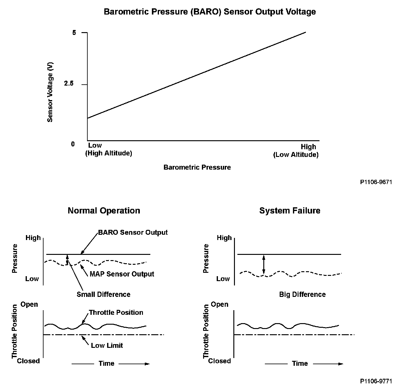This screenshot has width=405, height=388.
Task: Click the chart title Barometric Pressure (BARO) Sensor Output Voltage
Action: (210, 12)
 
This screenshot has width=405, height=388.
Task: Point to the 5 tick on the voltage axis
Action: (74, 32)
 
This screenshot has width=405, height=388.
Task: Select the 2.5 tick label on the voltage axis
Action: (69, 84)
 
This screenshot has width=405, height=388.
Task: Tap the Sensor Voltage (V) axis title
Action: (50, 92)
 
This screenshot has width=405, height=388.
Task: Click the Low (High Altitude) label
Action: (108, 149)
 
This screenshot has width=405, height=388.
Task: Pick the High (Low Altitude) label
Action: (296, 150)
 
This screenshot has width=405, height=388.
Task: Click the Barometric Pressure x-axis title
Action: (197, 167)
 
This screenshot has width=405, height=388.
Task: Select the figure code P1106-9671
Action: (376, 182)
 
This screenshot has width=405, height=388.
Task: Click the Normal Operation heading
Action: (104, 211)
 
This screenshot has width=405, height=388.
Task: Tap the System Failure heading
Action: (290, 211)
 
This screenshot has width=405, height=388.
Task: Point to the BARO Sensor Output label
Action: (133, 232)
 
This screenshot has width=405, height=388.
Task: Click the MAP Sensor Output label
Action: (122, 274)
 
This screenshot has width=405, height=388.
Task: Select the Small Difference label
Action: (103, 294)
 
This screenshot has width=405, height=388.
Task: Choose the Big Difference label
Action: (302, 294)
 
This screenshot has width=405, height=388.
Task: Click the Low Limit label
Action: (107, 345)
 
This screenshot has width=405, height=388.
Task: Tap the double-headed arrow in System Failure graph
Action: (263, 264)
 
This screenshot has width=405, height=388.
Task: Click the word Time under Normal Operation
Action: (106, 364)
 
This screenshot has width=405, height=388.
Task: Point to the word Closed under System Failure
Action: (219, 361)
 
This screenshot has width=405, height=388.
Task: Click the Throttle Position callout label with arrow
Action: (116, 312)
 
